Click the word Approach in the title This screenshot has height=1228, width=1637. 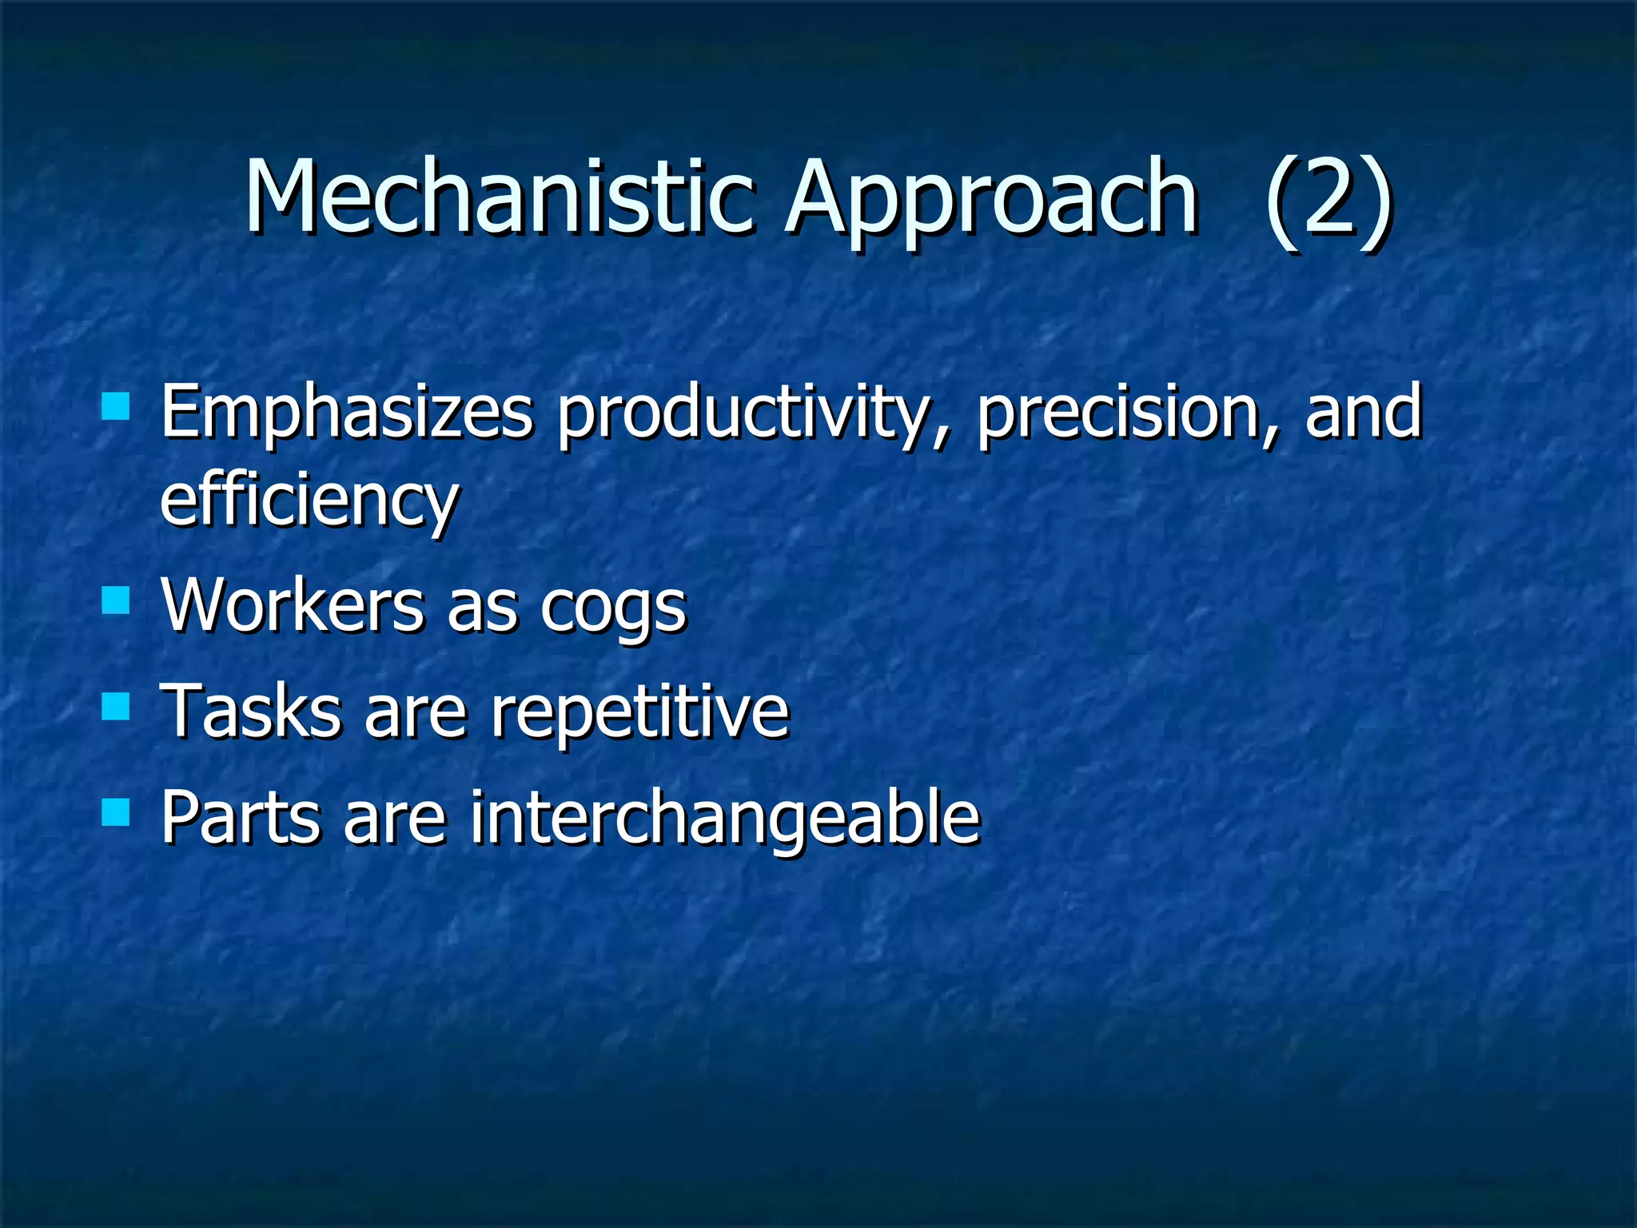pos(991,200)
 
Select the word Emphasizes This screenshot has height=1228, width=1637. pos(345,413)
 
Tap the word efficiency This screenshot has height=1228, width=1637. pos(309,500)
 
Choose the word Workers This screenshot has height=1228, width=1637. pos(292,604)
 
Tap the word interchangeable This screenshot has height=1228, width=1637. pos(724,818)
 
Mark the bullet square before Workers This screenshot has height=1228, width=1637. pos(117,600)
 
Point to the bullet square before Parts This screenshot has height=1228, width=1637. pos(117,811)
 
